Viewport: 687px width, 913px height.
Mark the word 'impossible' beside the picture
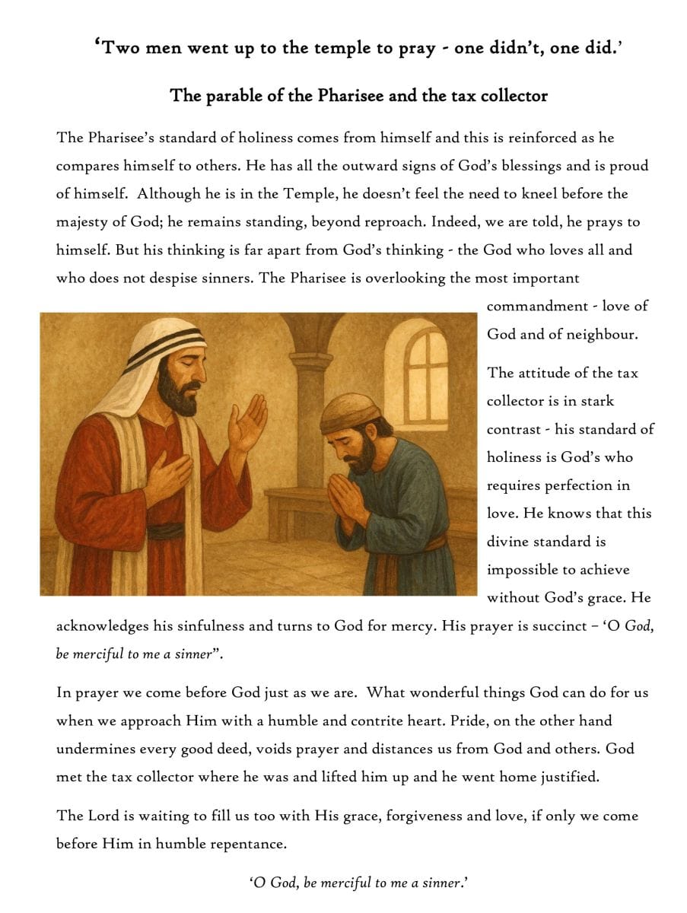(x=526, y=570)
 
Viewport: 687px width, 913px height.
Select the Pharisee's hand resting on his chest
(x=167, y=475)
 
